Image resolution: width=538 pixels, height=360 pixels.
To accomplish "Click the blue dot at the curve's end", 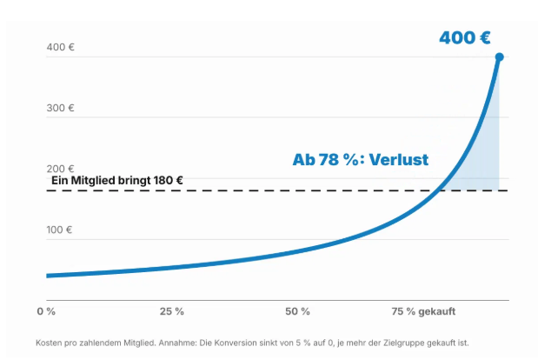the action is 499,57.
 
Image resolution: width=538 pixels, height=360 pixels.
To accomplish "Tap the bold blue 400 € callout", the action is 465,37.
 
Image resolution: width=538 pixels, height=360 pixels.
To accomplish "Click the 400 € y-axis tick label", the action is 60,47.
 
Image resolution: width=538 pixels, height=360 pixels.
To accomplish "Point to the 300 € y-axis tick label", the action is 60,108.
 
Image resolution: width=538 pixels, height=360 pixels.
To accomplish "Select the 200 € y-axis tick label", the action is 60,169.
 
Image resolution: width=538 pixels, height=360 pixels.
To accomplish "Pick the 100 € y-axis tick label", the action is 59,230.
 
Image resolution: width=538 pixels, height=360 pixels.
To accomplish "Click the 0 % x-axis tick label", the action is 46,311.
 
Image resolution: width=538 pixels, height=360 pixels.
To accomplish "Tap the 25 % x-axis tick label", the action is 172,311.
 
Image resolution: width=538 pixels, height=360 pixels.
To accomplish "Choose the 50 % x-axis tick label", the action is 297,311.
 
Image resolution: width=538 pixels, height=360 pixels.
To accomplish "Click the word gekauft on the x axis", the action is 437,311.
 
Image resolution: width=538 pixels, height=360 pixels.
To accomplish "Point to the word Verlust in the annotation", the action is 399,160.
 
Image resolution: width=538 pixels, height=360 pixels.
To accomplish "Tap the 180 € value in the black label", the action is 168,181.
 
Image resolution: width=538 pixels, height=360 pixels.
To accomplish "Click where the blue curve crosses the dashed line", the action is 440,190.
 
